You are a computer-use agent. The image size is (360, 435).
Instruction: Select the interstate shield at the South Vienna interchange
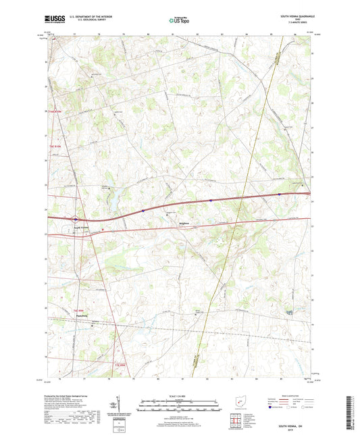point(76,219)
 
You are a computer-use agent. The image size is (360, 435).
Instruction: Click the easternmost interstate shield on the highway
point(279,195)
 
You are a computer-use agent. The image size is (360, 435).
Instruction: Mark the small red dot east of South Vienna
point(102,230)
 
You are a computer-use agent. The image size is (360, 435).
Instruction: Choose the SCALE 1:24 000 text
point(179,395)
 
